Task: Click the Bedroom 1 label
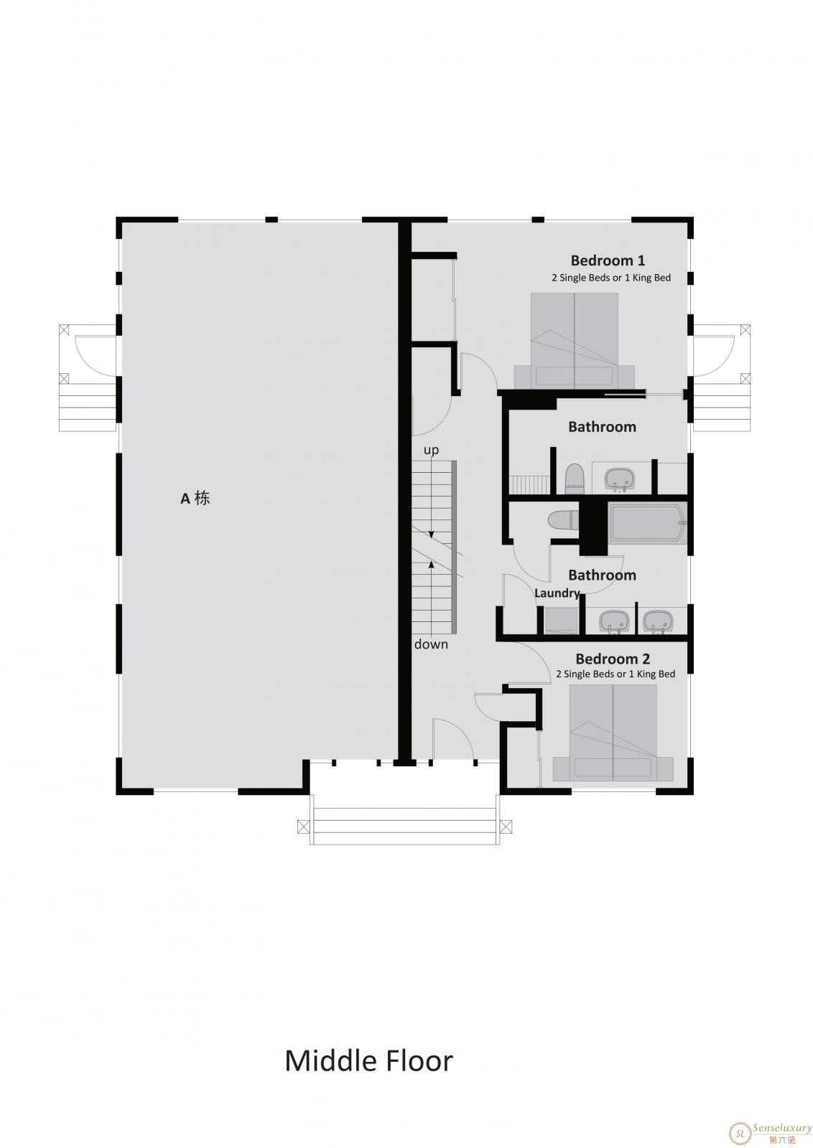click(608, 260)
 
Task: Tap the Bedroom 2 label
click(613, 659)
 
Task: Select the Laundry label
click(557, 593)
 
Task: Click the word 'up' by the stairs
click(431, 451)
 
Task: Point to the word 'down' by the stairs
click(431, 644)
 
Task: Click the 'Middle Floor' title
click(369, 1061)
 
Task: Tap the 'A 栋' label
click(195, 498)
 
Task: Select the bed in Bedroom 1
click(575, 340)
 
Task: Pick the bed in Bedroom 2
click(613, 733)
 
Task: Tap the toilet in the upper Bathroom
click(574, 479)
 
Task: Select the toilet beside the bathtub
click(563, 519)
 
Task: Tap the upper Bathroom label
click(602, 427)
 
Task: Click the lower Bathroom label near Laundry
click(602, 575)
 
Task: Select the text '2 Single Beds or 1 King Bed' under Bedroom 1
click(611, 278)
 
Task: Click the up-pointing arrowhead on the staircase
click(432, 565)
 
